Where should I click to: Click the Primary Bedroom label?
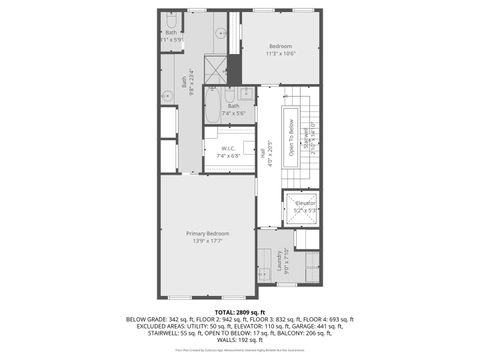207,233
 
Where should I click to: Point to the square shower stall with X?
214,70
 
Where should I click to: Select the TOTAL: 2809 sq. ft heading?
239,313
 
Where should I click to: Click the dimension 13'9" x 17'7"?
207,240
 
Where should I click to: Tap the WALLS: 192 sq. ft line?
239,340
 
